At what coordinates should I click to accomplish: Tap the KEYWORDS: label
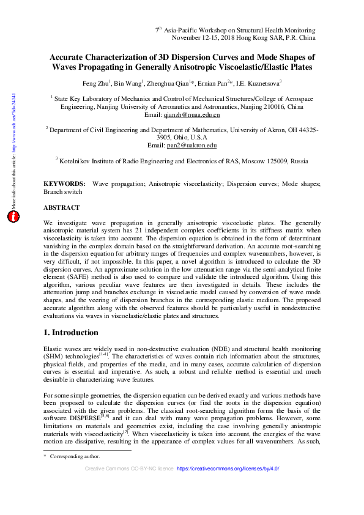coord(64,183)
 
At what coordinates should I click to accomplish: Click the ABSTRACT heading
coord(61,207)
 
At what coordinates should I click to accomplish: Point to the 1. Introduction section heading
coord(71,333)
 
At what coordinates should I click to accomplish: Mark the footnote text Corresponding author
coord(75,456)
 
